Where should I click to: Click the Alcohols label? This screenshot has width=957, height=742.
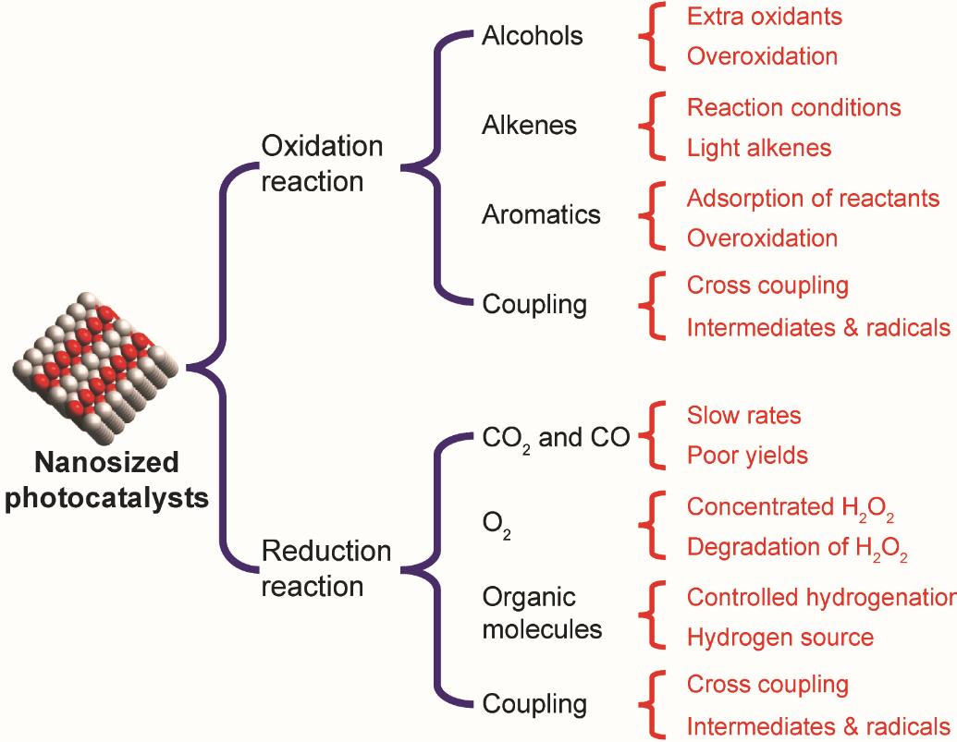(x=533, y=36)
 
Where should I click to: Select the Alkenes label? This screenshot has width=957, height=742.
(x=529, y=125)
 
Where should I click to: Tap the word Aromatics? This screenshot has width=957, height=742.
(x=541, y=214)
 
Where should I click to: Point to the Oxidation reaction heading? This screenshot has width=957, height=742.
(x=323, y=164)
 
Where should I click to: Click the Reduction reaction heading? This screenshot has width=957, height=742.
(x=325, y=568)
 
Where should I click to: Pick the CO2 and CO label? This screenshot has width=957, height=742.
(x=556, y=439)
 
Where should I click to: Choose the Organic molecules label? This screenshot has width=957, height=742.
(x=542, y=613)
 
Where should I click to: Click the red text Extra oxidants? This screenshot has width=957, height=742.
(x=764, y=17)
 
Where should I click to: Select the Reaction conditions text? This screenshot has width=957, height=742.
(x=794, y=107)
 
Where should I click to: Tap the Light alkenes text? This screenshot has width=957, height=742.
(x=759, y=148)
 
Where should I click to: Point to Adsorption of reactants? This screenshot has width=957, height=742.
(x=813, y=199)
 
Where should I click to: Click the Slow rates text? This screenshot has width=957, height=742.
(x=744, y=415)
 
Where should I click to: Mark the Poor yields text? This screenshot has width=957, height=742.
(x=748, y=456)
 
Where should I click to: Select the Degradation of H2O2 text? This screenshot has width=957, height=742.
(x=797, y=549)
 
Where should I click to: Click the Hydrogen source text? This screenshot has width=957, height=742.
(x=780, y=638)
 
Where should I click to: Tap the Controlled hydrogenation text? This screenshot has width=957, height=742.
(x=821, y=598)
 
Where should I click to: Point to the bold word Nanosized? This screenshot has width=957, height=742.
(x=107, y=462)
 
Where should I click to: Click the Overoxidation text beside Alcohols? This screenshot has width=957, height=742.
(x=762, y=56)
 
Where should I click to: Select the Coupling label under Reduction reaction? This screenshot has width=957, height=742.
(x=534, y=704)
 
